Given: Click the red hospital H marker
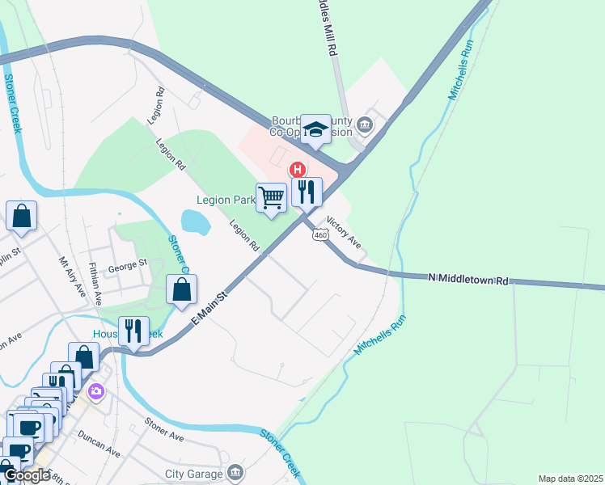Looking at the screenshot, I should click(x=298, y=170).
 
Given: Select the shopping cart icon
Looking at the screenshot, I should click(x=272, y=196).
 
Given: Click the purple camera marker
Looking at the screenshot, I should click(x=96, y=392).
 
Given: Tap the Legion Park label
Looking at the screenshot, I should click(x=226, y=200).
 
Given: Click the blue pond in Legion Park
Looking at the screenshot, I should click(x=195, y=220).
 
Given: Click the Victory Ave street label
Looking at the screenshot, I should click(x=344, y=232).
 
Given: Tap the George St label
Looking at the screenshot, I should click(x=128, y=263).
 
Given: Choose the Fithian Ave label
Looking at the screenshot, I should click(x=96, y=283).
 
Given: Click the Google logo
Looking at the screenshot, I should click(x=26, y=475).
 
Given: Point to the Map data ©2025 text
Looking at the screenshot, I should click(x=570, y=479).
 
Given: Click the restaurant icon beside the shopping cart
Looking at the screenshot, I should click(x=307, y=192).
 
